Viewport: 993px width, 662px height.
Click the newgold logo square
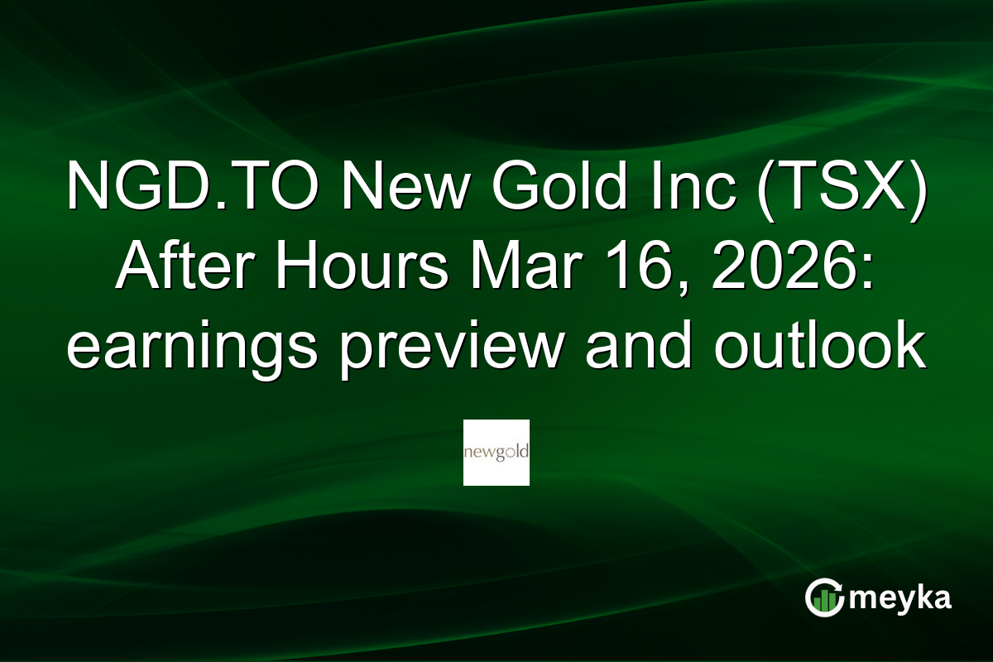[x=496, y=453]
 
